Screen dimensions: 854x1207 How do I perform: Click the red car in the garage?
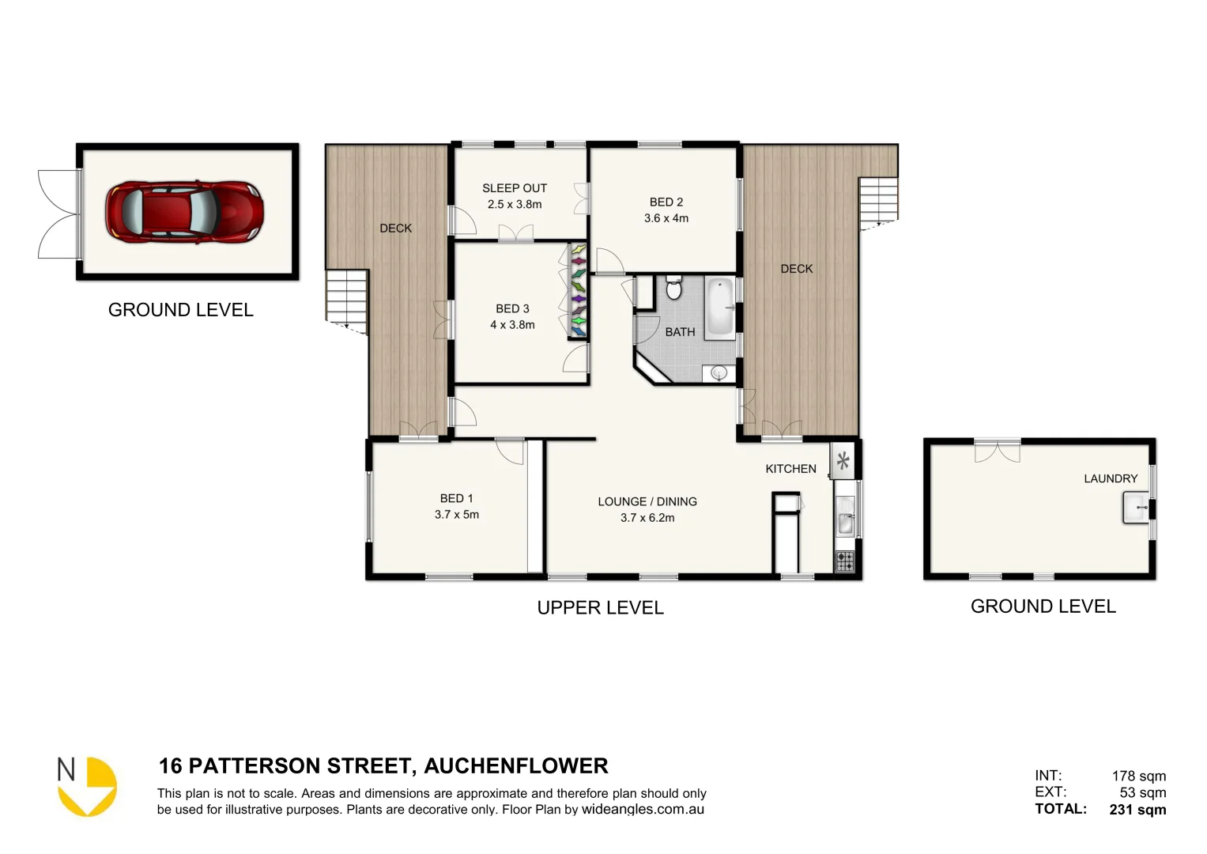pyautogui.click(x=184, y=213)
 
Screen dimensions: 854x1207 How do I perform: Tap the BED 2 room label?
pyautogui.click(x=666, y=202)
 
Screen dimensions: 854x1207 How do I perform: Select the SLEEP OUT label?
pyautogui.click(x=515, y=188)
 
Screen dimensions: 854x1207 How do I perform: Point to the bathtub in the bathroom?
pyautogui.click(x=719, y=308)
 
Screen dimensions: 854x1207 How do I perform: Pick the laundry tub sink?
pyautogui.click(x=1136, y=507)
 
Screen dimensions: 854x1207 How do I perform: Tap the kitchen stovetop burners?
pyautogui.click(x=845, y=561)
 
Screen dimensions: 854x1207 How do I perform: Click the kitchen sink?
pyautogui.click(x=845, y=521)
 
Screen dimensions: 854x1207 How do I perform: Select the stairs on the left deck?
pyautogui.click(x=347, y=297)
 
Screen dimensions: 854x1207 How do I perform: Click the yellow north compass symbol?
pyautogui.click(x=89, y=787)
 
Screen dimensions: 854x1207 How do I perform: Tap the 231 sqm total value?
pyautogui.click(x=1137, y=810)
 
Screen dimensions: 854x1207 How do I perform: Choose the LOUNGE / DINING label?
pyautogui.click(x=647, y=501)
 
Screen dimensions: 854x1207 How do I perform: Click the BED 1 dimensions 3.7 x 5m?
pyautogui.click(x=457, y=515)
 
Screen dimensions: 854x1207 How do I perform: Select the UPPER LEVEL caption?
pyautogui.click(x=600, y=608)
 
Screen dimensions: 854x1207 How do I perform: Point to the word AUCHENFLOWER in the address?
pyautogui.click(x=516, y=766)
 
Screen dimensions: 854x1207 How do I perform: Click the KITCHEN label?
pyautogui.click(x=790, y=469)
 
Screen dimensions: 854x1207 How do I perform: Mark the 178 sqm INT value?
pyautogui.click(x=1138, y=777)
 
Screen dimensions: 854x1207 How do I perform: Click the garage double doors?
pyautogui.click(x=59, y=214)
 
